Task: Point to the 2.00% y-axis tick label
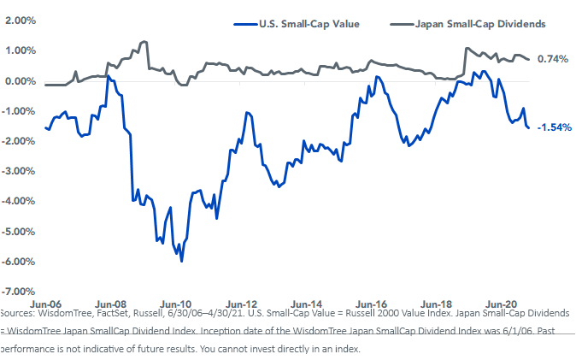(21, 20)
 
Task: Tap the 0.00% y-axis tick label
(21, 81)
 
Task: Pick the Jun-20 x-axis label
(501, 304)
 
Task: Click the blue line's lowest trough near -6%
(182, 261)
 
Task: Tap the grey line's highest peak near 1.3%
(144, 41)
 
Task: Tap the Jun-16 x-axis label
(372, 304)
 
